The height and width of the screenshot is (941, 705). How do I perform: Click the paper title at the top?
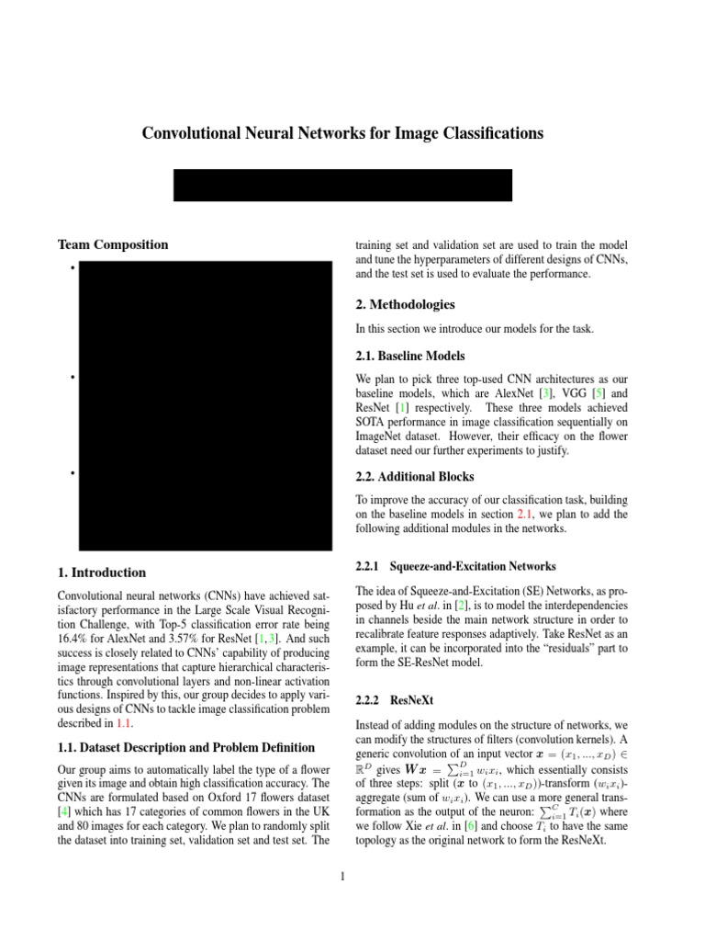pyautogui.click(x=342, y=134)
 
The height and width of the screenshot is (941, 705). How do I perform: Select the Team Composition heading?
pyautogui.click(x=113, y=245)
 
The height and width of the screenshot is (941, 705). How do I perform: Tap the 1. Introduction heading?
pyautogui.click(x=101, y=573)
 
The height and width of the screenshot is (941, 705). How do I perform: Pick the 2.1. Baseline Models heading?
pyautogui.click(x=409, y=356)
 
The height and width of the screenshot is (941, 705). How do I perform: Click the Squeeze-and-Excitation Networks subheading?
pyautogui.click(x=473, y=565)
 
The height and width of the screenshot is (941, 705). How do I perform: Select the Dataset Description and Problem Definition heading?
pyautogui.click(x=186, y=747)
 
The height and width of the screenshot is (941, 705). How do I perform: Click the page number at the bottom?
pyautogui.click(x=342, y=876)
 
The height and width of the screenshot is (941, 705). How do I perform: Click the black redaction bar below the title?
pyautogui.click(x=342, y=185)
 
